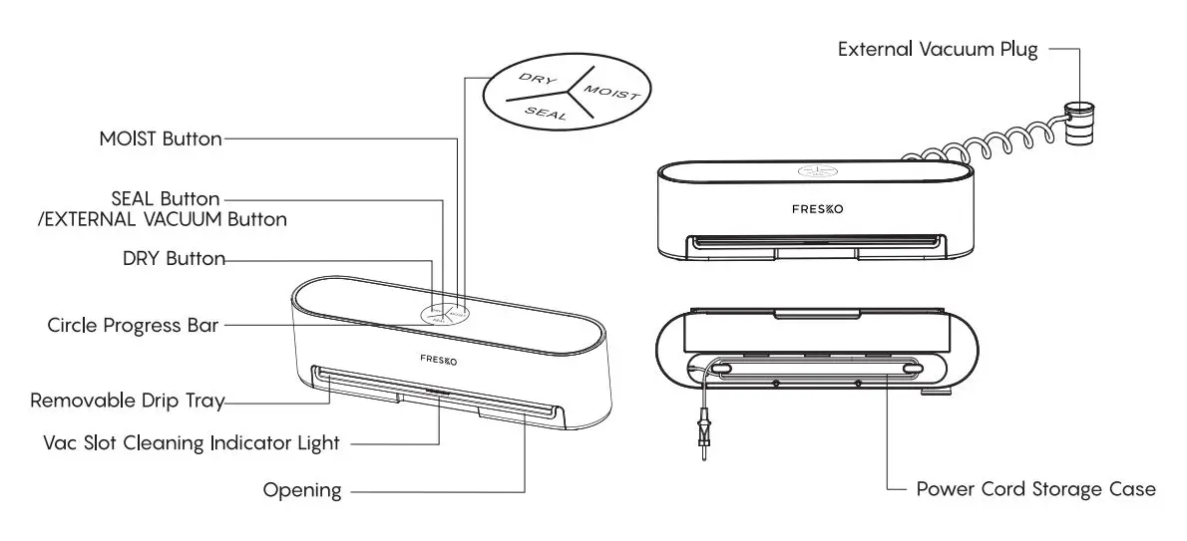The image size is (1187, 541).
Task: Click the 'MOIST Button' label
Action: coord(160,138)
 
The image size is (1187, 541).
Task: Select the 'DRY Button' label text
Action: coord(174,259)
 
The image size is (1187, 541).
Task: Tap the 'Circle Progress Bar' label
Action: coord(133,326)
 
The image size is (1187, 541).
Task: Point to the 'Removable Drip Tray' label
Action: coord(127,402)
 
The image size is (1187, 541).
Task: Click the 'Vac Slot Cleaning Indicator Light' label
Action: coord(192,442)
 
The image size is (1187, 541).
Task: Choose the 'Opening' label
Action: coord(301,490)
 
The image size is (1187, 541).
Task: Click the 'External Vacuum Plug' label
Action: coord(937,49)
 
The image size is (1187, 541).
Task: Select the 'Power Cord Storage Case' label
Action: coord(1035,489)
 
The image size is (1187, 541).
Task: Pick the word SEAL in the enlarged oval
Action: coord(546,114)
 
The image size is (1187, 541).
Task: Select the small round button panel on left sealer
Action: coord(442,314)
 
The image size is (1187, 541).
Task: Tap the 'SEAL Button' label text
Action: coord(167,199)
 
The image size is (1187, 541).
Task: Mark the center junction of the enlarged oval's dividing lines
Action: coord(570,90)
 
